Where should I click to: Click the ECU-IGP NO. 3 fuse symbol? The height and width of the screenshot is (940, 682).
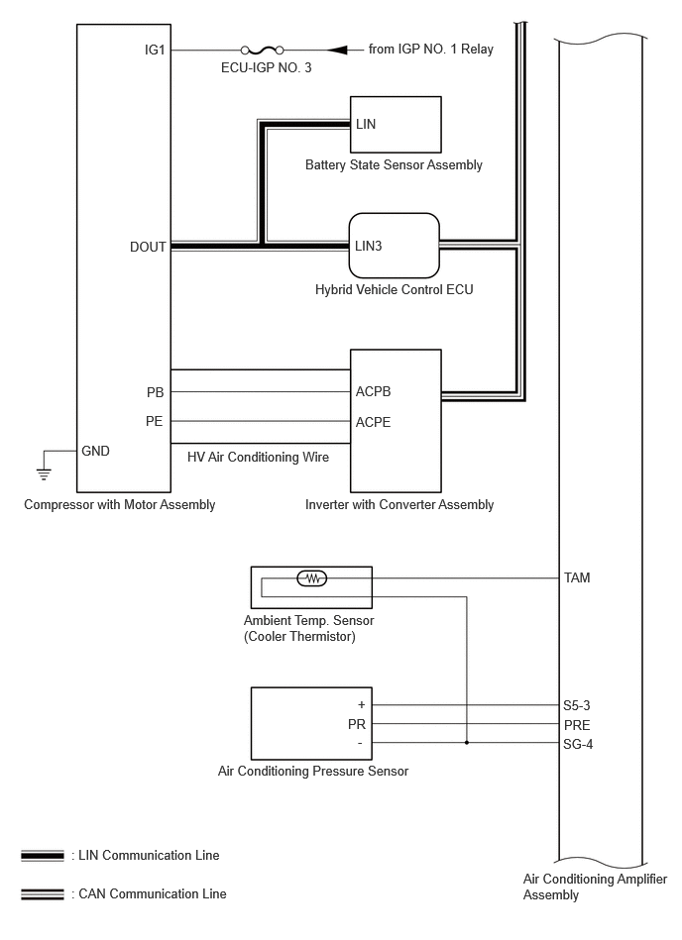tap(262, 50)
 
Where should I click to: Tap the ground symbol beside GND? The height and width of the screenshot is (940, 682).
tap(44, 473)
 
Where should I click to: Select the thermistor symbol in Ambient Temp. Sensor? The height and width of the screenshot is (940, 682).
tap(312, 578)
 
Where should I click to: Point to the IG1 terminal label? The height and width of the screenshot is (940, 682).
tap(155, 50)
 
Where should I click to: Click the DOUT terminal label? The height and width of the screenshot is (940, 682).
tap(148, 247)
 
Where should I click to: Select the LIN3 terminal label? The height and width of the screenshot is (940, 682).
tap(369, 246)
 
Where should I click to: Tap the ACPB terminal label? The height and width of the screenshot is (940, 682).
tap(373, 391)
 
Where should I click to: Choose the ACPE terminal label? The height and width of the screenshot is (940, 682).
tap(373, 422)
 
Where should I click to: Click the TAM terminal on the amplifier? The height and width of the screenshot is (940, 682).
tap(577, 577)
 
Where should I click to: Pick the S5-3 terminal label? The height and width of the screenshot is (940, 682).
tap(577, 705)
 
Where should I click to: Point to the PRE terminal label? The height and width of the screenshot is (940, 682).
tap(577, 725)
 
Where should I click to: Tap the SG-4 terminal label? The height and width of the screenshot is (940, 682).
tap(578, 745)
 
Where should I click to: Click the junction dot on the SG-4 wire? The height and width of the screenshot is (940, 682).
tap(467, 743)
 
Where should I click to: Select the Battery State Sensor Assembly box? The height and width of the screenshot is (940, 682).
tap(396, 125)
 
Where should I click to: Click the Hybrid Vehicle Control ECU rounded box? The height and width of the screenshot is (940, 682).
tap(395, 246)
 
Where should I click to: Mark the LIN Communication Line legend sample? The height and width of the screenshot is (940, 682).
tap(42, 856)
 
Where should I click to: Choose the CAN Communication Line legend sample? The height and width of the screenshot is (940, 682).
tap(42, 894)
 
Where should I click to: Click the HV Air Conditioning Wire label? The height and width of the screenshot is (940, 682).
tap(258, 458)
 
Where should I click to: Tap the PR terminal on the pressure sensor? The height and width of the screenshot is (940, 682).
tap(357, 724)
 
